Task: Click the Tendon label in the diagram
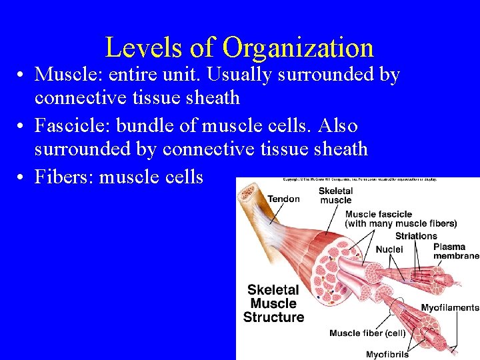(283, 198)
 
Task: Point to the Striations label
(416, 235)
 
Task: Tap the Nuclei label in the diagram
(389, 249)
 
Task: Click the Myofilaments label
(450, 307)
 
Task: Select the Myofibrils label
(387, 354)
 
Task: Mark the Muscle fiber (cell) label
(367, 333)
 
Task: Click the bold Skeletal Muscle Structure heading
(273, 303)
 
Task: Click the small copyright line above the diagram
(361, 180)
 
